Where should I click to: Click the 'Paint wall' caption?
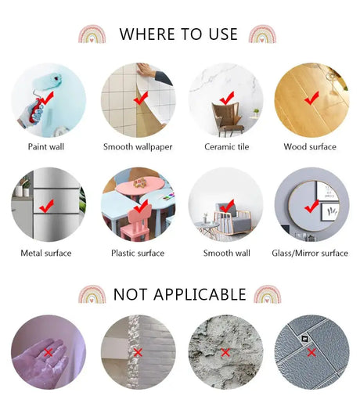click(x=46, y=146)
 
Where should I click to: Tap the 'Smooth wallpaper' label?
click(x=138, y=147)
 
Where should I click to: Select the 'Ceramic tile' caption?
click(x=227, y=146)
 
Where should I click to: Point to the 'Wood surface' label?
click(x=310, y=146)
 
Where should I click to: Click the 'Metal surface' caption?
click(x=46, y=253)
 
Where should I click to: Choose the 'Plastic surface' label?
click(x=138, y=253)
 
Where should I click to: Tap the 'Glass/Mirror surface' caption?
click(x=310, y=253)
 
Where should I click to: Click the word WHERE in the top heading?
click(x=147, y=34)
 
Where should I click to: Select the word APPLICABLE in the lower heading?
click(x=200, y=294)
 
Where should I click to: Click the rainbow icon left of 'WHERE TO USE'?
click(x=92, y=34)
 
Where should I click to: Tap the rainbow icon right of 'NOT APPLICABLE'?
click(x=268, y=294)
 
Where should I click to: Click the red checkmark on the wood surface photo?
click(x=311, y=98)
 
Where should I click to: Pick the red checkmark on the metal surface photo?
click(x=46, y=206)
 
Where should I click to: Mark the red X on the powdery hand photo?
click(x=49, y=353)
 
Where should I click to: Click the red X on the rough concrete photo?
click(x=225, y=353)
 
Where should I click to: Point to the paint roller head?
click(x=48, y=81)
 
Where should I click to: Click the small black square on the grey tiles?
click(x=304, y=339)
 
